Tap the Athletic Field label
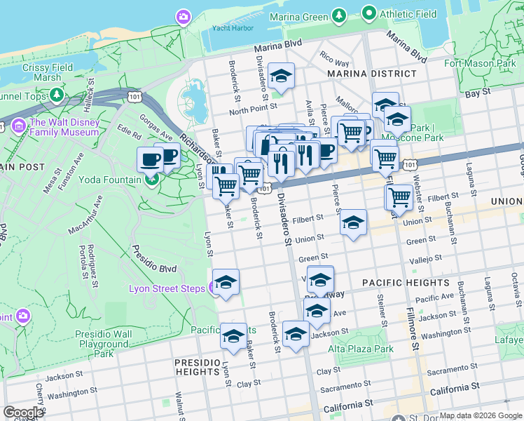click(407, 14)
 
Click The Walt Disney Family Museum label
click(64, 126)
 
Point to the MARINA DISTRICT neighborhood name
click(371, 74)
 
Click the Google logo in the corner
click(23, 412)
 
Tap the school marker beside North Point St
click(281, 76)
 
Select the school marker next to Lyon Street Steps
click(226, 283)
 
